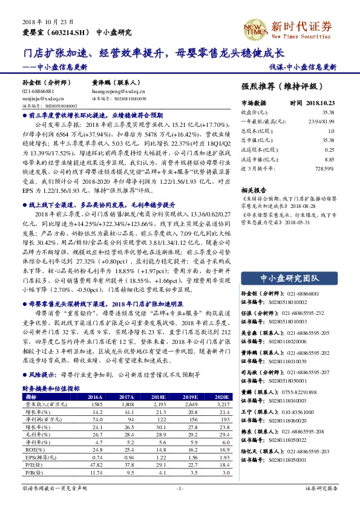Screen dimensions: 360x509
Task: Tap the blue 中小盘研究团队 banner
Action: (290, 278)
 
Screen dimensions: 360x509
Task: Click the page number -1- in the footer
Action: (180, 488)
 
